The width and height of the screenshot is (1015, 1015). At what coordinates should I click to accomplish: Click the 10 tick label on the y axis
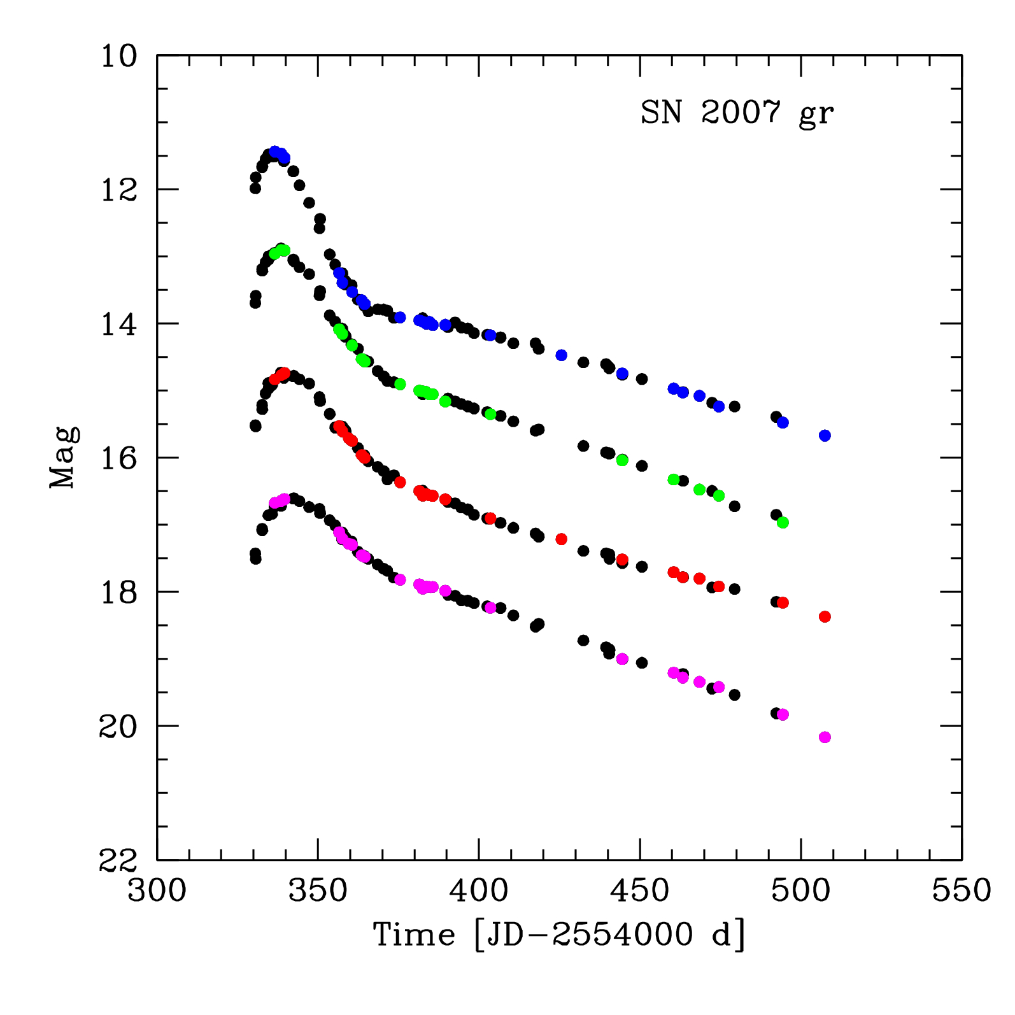[x=119, y=56]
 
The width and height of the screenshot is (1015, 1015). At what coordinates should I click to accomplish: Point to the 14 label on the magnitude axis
[x=119, y=324]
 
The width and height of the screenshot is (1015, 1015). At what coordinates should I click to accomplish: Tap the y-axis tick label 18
[x=119, y=592]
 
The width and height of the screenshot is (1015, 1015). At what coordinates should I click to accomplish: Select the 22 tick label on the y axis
[x=119, y=860]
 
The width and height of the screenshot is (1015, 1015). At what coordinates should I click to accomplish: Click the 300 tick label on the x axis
[x=157, y=890]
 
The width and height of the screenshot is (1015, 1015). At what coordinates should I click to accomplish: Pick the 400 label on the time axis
[x=479, y=890]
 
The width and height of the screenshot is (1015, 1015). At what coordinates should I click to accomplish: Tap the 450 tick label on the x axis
[x=640, y=890]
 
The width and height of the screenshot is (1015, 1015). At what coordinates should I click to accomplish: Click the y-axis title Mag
[x=63, y=457]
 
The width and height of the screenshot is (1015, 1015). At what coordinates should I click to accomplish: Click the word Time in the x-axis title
[x=414, y=935]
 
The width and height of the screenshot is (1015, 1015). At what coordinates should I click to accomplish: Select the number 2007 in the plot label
[x=741, y=113]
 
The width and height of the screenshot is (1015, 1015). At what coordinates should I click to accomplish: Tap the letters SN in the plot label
[x=661, y=113]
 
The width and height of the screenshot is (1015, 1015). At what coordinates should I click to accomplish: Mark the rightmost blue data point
[x=825, y=436]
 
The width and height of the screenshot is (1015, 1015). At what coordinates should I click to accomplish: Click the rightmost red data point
[x=825, y=616]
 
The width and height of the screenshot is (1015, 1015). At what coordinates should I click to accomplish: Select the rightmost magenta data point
[x=825, y=737]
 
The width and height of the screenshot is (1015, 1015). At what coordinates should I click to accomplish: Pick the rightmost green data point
[x=783, y=522]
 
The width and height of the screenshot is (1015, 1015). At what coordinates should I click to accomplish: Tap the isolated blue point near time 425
[x=561, y=355]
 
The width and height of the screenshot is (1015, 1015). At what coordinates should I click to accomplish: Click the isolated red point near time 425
[x=561, y=539]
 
